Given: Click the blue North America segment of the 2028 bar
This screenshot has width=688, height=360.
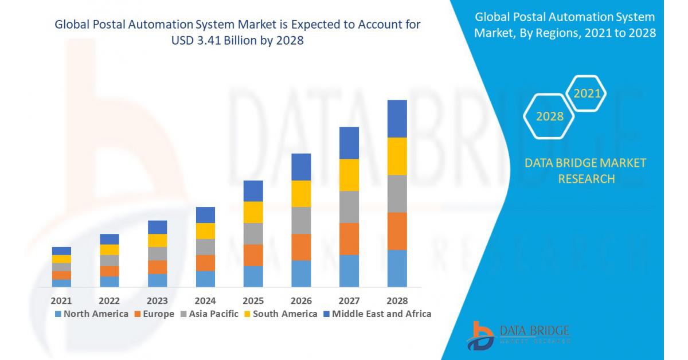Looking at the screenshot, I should (397, 268).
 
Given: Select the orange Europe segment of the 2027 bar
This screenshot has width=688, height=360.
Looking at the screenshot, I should (349, 238).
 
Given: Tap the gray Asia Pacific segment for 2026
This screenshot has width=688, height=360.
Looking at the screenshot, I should (301, 220).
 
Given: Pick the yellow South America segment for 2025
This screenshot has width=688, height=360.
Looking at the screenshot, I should (253, 212).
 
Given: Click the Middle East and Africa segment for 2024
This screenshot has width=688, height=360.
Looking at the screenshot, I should (205, 215).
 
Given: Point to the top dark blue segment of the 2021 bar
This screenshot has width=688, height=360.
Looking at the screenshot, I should (61, 251).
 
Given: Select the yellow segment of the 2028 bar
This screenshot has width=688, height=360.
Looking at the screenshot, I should (397, 156).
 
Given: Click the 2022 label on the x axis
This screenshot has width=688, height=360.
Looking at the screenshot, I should (109, 301).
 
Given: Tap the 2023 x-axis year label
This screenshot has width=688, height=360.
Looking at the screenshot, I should (157, 301).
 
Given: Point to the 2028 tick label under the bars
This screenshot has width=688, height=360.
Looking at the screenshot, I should (397, 301).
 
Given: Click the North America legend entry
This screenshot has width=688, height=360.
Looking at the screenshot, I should (92, 314).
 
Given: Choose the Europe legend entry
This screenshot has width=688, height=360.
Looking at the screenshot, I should (155, 314).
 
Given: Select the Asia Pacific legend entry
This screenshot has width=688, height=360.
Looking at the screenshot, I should (209, 314).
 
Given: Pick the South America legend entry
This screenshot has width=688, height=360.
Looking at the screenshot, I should (280, 314).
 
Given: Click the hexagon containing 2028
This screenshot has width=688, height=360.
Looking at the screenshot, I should (549, 116).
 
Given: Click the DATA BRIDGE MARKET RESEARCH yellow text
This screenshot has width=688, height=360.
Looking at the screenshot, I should (585, 171).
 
